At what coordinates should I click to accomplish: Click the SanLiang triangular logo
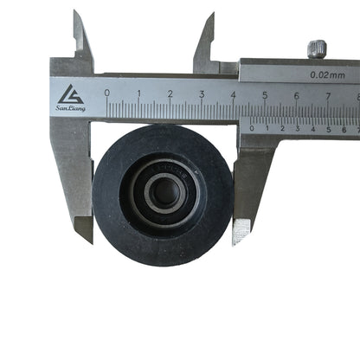70,93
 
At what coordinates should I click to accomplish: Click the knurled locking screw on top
317,48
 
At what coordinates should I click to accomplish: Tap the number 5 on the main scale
265,94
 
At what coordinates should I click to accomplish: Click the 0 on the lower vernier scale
252,128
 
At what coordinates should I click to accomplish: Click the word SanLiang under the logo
70,108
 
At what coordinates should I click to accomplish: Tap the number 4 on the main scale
234,93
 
